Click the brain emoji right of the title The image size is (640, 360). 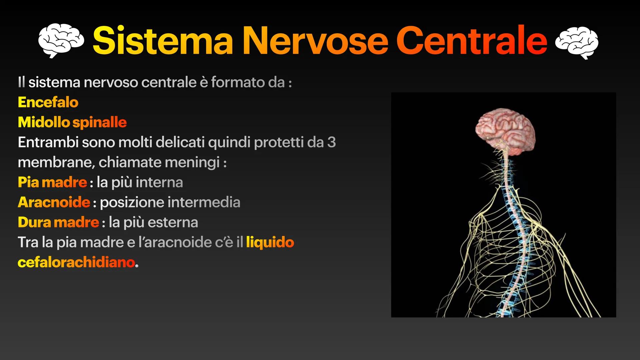(577, 42)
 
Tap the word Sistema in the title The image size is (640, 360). (163, 41)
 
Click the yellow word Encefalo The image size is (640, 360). (48, 102)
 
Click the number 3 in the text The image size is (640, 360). (331, 142)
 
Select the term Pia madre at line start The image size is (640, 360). (52, 182)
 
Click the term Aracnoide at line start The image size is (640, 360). (54, 202)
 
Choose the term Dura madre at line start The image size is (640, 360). (58, 222)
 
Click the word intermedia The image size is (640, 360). (204, 202)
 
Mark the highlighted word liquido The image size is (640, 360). (270, 242)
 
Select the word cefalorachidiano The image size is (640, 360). (76, 262)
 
